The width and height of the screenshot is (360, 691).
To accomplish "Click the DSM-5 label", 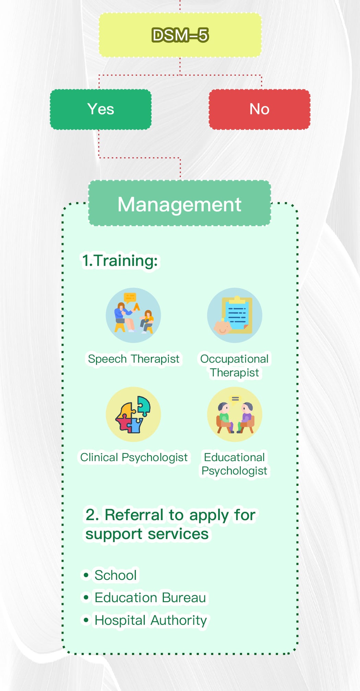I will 180,35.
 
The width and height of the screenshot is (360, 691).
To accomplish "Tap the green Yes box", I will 100,109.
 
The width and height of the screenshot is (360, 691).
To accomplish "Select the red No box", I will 260,109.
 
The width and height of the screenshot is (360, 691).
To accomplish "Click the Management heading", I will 179,204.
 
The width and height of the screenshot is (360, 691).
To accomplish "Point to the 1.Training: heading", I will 120,260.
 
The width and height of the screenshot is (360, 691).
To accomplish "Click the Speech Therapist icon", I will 133,315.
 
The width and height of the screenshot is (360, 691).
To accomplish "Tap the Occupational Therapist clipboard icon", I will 235,315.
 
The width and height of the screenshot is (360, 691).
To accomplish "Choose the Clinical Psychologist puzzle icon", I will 133,414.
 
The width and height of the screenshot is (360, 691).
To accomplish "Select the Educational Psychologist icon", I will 235,414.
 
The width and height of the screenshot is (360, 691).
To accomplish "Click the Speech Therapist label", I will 133,359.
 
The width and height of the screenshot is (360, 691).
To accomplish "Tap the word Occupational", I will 234,359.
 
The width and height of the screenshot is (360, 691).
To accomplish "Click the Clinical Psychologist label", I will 134,457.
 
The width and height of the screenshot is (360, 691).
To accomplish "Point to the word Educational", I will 234,457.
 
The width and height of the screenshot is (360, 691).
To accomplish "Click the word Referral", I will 134,515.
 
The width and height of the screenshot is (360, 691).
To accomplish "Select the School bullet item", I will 116,575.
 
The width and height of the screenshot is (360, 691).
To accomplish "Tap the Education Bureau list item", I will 150,598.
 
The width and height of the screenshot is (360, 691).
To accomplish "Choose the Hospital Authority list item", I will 151,620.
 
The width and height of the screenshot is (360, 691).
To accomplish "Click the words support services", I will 147,534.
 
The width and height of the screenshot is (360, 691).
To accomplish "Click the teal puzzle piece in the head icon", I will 144,405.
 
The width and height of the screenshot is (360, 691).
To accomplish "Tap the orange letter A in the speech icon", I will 137,306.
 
